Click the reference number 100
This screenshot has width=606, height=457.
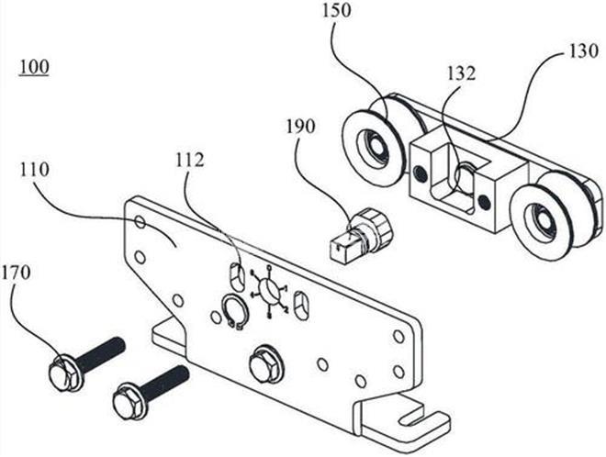35,68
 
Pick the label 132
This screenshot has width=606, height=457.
461,72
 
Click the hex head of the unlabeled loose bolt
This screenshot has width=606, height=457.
128,401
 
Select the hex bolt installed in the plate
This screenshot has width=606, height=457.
265,362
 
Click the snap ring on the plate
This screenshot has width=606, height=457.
231,312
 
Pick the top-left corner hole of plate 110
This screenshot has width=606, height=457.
140,222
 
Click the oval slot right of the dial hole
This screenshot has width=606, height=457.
305,302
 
